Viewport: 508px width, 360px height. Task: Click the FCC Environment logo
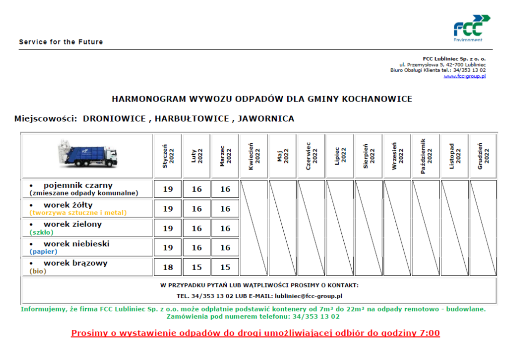(471, 28)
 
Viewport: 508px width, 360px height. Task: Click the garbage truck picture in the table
(87, 154)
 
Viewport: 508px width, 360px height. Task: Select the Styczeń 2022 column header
(168, 156)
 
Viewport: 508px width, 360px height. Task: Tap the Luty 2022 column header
(197, 156)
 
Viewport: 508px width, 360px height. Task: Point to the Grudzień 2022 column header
(483, 156)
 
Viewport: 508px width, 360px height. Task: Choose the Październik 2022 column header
(426, 156)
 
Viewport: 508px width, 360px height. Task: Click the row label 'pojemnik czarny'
(78, 185)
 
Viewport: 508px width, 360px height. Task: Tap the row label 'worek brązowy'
(75, 263)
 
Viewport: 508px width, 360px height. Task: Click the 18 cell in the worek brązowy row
(168, 267)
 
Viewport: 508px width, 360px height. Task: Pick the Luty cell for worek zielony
(197, 228)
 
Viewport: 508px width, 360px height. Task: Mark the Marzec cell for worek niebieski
(226, 247)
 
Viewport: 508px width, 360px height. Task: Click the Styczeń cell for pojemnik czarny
(168, 189)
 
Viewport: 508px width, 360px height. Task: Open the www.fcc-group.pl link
(464, 76)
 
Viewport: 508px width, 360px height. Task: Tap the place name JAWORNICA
(266, 119)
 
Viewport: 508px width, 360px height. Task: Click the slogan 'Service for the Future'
(61, 42)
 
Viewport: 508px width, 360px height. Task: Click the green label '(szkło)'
(41, 232)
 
